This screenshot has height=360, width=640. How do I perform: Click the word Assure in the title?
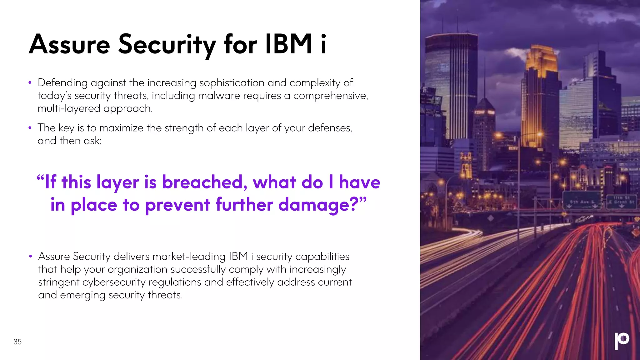click(x=69, y=44)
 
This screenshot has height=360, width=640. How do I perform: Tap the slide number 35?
click(x=17, y=342)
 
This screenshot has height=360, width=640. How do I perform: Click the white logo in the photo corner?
click(x=622, y=341)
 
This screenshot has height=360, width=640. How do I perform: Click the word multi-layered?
click(x=69, y=108)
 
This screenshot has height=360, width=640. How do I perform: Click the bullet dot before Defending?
click(x=30, y=83)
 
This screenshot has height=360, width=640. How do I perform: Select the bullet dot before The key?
click(x=30, y=128)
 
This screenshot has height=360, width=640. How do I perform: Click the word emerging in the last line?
click(x=82, y=295)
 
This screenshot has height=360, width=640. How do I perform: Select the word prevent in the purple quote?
click(x=177, y=205)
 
